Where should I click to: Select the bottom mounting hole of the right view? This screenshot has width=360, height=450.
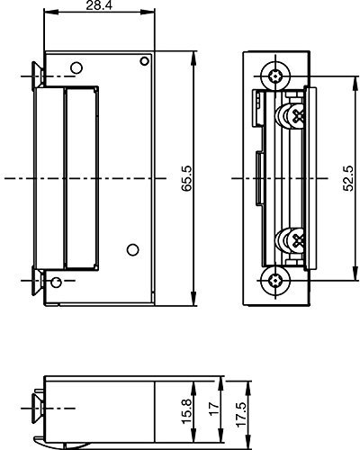tap(275, 280)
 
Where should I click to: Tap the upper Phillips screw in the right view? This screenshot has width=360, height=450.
tap(295, 114)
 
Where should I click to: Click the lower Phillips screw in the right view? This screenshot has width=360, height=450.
tap(295, 241)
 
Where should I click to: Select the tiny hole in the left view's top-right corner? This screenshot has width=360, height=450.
tap(143, 61)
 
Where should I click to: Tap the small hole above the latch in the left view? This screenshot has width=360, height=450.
tap(75, 66)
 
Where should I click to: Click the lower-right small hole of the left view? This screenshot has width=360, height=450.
tap(131, 248)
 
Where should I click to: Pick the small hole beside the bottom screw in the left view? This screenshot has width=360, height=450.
tap(58, 283)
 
